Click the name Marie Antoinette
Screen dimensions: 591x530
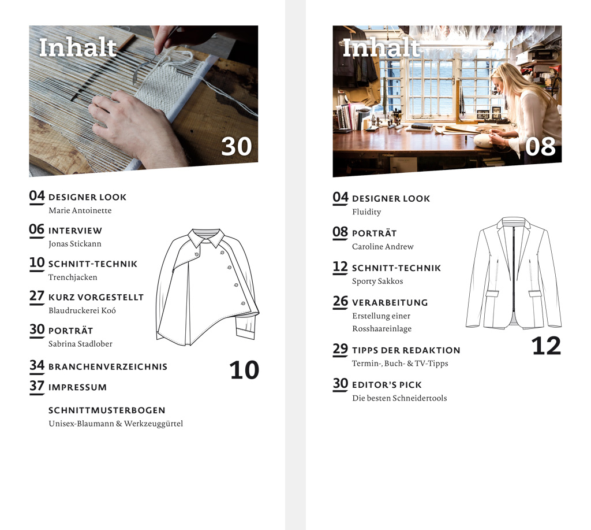click(80, 210)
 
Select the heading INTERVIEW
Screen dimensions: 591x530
click(75, 231)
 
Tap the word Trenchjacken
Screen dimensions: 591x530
click(73, 277)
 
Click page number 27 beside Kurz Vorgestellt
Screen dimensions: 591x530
click(37, 296)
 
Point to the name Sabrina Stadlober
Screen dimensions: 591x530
click(80, 344)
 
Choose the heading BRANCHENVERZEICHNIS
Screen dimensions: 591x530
click(108, 366)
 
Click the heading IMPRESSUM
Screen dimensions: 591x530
click(78, 387)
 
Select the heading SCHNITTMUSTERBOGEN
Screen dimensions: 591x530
click(107, 410)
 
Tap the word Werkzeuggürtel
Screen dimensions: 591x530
click(154, 424)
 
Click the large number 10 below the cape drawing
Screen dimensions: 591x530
click(244, 370)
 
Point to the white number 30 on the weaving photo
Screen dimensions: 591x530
click(236, 146)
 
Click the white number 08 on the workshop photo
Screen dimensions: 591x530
click(540, 147)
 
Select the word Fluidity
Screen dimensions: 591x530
click(366, 212)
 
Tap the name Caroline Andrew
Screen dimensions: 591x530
click(383, 246)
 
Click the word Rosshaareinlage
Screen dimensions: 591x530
click(382, 329)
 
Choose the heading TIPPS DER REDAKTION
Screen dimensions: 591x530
click(406, 350)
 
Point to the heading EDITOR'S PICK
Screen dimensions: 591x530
click(387, 385)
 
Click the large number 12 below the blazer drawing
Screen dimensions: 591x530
click(546, 346)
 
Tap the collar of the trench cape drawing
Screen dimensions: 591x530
click(206, 237)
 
